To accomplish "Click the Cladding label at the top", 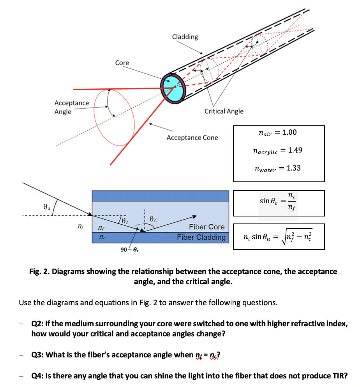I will [185, 37].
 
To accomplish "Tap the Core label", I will [122, 63].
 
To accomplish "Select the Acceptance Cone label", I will [192, 137].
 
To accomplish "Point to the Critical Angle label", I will [224, 111].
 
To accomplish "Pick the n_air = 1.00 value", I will [277, 133].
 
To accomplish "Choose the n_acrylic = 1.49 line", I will [277, 151].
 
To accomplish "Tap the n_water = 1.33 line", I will [277, 169].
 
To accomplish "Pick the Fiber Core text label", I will [206, 227].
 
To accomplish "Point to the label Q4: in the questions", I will [37, 376].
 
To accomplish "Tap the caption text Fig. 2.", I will [40, 271].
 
